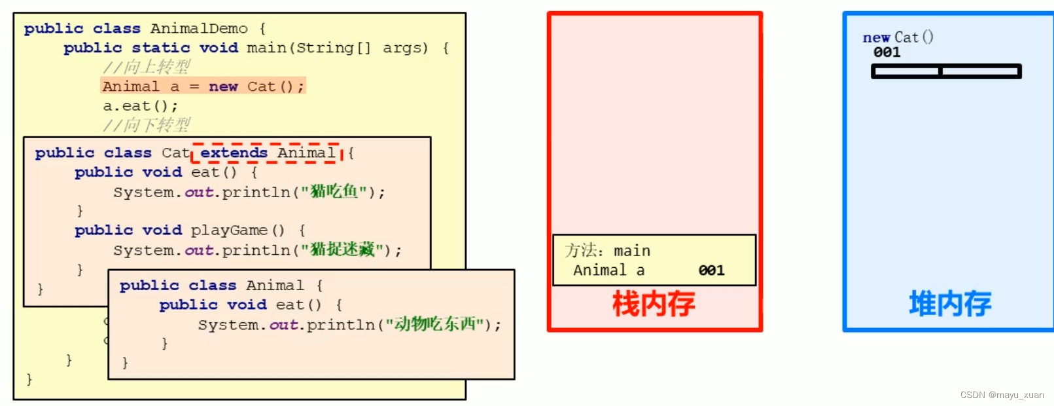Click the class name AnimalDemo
199,29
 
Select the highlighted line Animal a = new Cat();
203,86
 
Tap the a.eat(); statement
140,106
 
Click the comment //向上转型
147,67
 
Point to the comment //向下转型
147,125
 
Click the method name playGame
229,231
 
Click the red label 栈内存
654,304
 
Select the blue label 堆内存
950,304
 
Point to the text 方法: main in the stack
607,251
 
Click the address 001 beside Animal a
711,270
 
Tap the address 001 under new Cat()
887,52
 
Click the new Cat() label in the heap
898,37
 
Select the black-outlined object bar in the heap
946,71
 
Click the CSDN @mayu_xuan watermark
1002,395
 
